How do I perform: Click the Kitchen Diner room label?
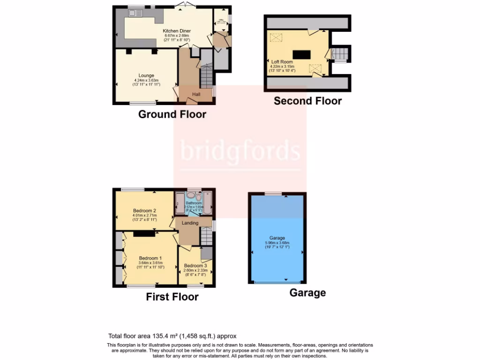(176, 31)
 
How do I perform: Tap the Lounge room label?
(146, 75)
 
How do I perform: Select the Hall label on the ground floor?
(196, 95)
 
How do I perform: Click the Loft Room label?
(282, 62)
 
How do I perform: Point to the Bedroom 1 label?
(150, 258)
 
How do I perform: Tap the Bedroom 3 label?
(195, 266)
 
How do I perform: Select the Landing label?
(190, 223)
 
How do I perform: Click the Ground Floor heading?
(172, 114)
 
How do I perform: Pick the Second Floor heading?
(307, 101)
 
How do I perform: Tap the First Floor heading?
(172, 297)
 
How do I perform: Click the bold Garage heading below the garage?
(307, 293)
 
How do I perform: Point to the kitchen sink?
(136, 13)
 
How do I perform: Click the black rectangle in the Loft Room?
(301, 54)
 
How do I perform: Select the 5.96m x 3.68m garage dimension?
(277, 243)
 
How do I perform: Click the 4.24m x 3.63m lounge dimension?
(146, 80)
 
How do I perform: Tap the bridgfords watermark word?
(240, 151)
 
